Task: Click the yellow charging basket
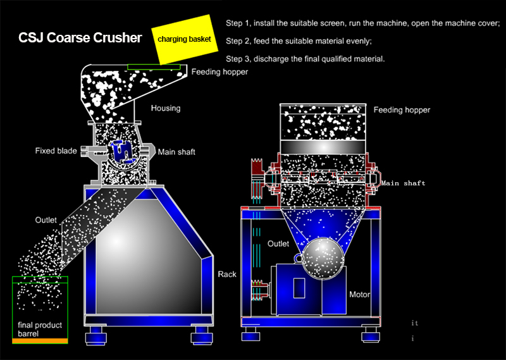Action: click(x=185, y=39)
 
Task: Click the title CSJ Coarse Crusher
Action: click(x=80, y=38)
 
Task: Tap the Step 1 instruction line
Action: click(x=362, y=23)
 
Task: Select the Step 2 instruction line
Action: click(x=299, y=41)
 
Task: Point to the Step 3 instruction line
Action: click(x=305, y=59)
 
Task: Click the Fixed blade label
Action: click(x=56, y=151)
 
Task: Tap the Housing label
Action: click(x=166, y=108)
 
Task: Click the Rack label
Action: click(x=227, y=275)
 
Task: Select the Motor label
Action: click(x=359, y=294)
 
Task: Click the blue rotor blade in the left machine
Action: click(x=121, y=151)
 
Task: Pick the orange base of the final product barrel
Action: click(x=40, y=341)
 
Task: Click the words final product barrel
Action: click(x=40, y=330)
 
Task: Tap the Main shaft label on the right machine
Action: click(x=403, y=183)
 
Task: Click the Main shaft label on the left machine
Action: click(x=176, y=152)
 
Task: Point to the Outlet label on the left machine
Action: click(x=46, y=220)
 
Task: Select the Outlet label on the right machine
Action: click(x=278, y=244)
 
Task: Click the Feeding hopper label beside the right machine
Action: click(x=402, y=110)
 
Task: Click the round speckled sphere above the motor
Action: click(x=324, y=258)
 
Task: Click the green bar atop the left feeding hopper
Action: click(x=154, y=67)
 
